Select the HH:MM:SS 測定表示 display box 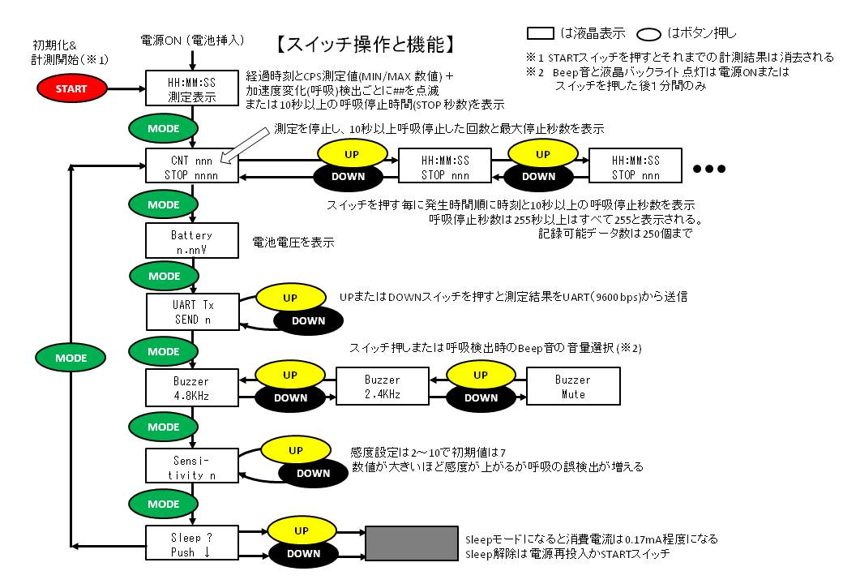coord(191,88)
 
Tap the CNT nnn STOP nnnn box coord(192,165)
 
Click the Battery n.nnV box coord(191,241)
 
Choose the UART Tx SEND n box coord(192,312)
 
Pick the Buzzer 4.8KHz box coord(191,388)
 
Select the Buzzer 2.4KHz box coord(382,387)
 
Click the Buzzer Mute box coord(572,387)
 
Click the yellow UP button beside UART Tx coord(289,298)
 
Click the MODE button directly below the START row coord(163,127)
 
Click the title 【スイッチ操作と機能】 coord(370,42)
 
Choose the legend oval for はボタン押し coord(655,34)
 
